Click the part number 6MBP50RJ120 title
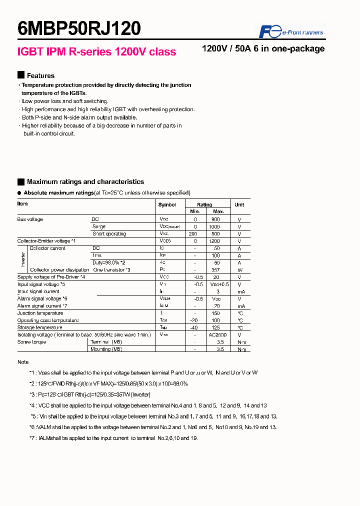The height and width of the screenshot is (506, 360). (79, 29)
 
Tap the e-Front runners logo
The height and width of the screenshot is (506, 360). (290, 32)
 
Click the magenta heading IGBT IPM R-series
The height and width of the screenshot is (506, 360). (96, 52)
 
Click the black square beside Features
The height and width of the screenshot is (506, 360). (20, 75)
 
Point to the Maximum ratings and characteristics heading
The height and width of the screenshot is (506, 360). (85, 182)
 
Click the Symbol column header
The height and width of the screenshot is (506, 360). (167, 204)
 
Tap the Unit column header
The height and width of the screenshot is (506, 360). (239, 204)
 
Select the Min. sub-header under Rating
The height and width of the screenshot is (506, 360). (195, 211)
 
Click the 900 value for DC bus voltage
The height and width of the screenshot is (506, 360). (215, 219)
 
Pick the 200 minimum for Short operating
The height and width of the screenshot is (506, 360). (193, 234)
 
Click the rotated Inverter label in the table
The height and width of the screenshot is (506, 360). (22, 259)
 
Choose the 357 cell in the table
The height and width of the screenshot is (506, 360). (215, 270)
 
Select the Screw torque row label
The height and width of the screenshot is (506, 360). (31, 342)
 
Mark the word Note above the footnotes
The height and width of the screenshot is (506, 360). (23, 362)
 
